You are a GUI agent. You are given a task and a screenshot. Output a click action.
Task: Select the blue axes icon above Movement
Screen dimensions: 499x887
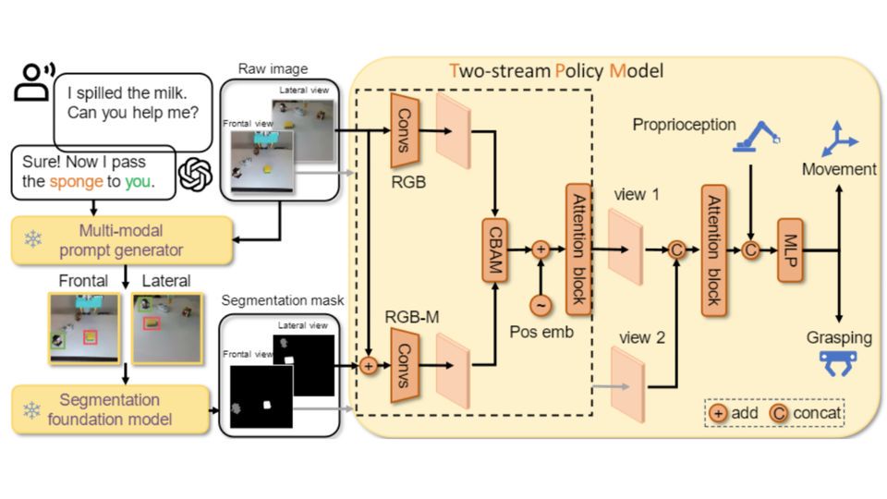(x=839, y=139)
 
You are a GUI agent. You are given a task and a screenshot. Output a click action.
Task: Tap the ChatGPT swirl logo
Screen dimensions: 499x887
(x=196, y=174)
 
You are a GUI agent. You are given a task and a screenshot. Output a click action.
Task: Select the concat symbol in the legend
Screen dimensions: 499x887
(x=778, y=412)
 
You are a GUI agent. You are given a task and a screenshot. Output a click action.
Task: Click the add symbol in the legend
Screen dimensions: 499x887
(x=718, y=412)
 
